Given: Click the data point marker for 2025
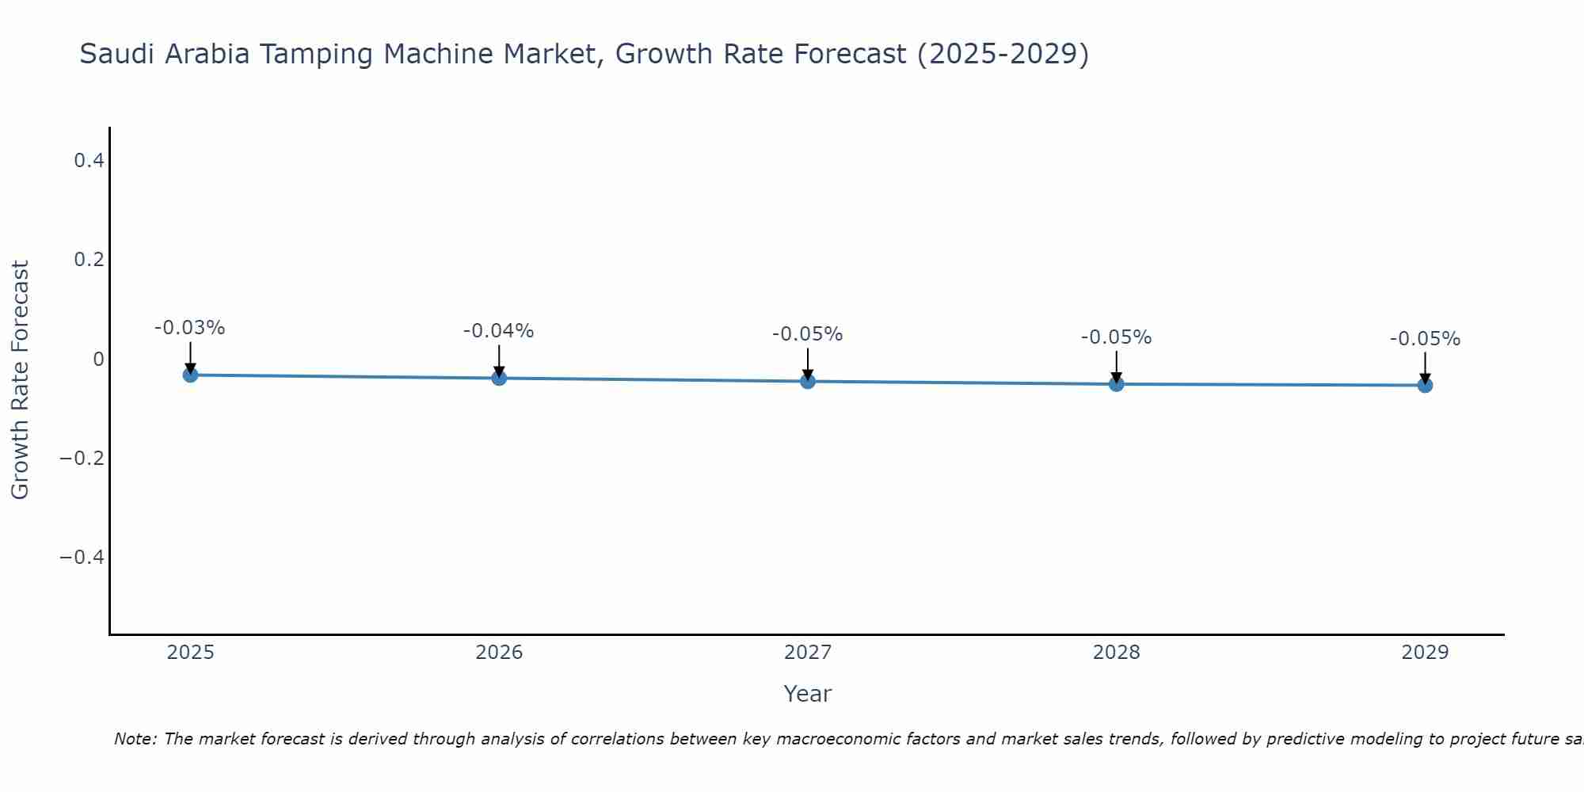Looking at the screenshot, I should click(190, 375).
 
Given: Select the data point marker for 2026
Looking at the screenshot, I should click(499, 378).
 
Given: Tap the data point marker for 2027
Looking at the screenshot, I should click(808, 381).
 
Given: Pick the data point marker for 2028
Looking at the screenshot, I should click(1117, 384).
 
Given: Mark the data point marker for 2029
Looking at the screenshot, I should click(1425, 385).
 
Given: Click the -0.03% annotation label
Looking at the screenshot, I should click(190, 328).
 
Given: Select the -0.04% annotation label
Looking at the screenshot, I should click(499, 331).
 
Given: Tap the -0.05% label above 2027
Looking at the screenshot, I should click(808, 334).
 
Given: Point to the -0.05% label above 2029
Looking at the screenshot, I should click(1425, 339).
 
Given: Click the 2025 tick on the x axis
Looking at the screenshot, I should click(191, 653).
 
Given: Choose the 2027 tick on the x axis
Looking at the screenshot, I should click(808, 653).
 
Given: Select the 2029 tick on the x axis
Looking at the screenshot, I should click(1425, 653).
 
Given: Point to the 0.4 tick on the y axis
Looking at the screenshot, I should click(89, 161).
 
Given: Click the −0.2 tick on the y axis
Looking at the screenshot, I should click(82, 459).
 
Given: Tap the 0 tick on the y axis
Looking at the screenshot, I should click(98, 360).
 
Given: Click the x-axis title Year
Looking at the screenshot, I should click(807, 694).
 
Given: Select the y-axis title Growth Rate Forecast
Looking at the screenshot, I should click(20, 379).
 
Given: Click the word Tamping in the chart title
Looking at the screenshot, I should click(432, 55).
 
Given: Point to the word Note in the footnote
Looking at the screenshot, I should click(135, 739).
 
